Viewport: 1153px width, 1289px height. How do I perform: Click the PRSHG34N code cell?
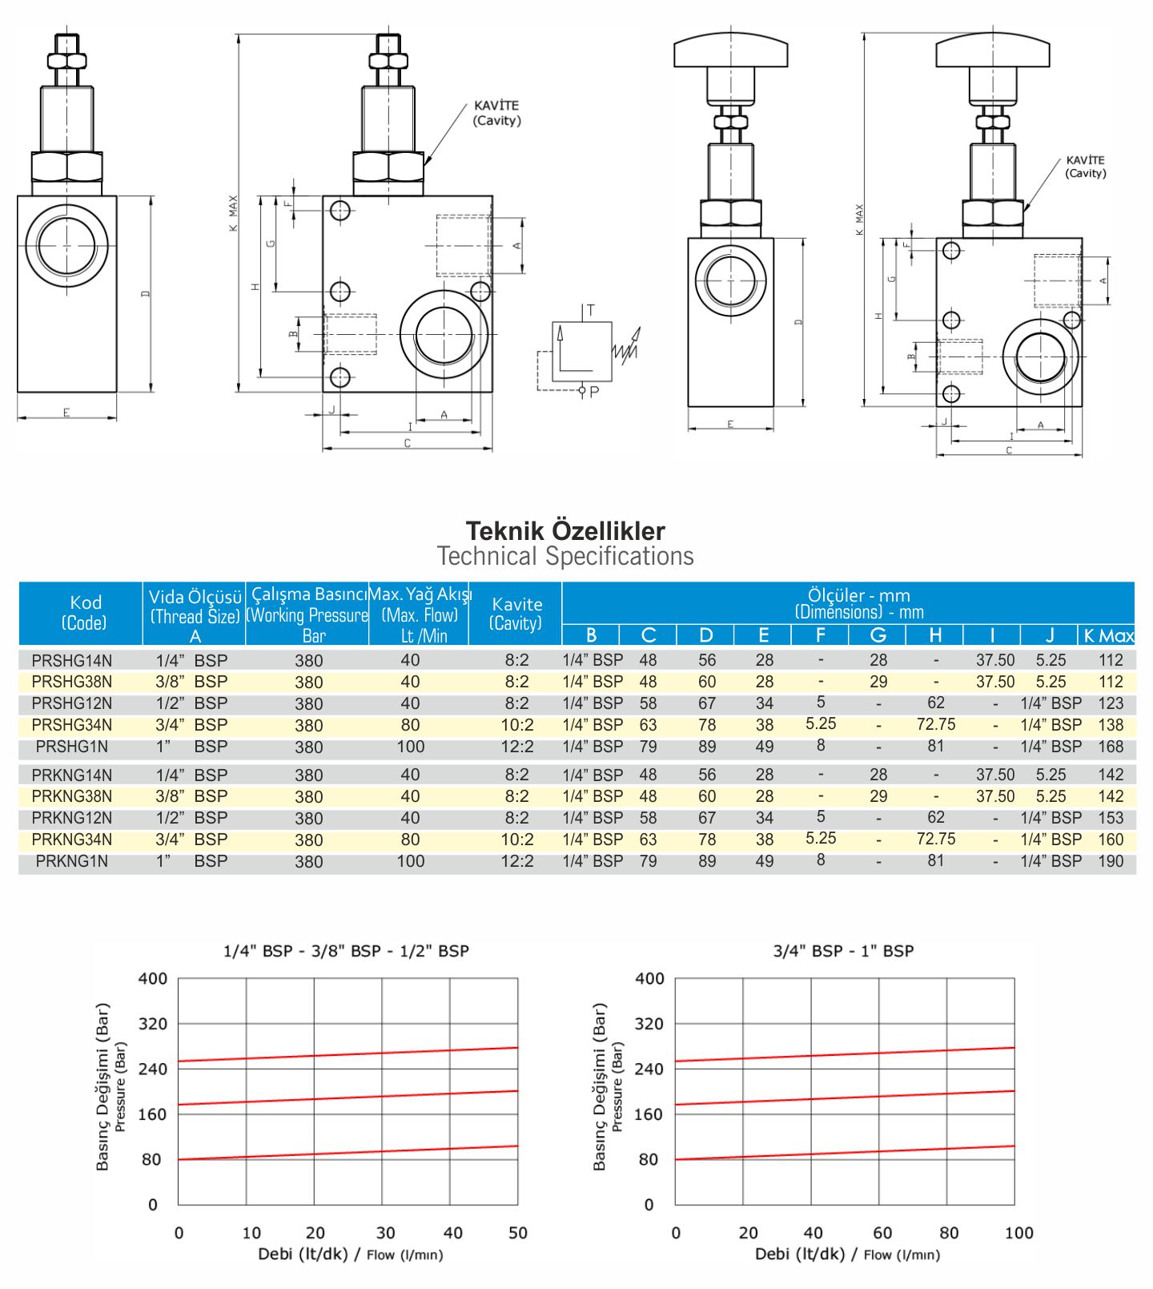tap(72, 725)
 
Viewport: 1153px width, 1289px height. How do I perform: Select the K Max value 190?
tap(1111, 861)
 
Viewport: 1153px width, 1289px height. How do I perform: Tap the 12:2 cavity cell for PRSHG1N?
tap(516, 747)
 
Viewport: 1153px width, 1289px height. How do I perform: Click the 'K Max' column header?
tap(1108, 635)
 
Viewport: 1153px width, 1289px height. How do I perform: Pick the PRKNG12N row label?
tap(72, 818)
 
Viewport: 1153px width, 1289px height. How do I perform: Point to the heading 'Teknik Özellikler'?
tap(565, 531)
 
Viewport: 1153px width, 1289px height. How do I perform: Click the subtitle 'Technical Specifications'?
tap(565, 556)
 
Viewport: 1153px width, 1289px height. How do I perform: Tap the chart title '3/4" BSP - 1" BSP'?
tap(843, 951)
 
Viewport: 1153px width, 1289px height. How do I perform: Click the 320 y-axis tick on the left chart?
tap(153, 1024)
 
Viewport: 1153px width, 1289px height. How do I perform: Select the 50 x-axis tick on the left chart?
tap(518, 1233)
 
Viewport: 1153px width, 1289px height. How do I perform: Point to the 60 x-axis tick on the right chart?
tap(882, 1233)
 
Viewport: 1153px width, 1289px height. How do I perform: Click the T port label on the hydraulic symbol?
tap(591, 311)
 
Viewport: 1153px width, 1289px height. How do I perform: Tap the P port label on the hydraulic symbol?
tap(594, 392)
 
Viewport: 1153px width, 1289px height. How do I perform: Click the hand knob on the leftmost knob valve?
tap(731, 50)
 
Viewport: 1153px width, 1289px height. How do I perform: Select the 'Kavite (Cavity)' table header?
tap(516, 614)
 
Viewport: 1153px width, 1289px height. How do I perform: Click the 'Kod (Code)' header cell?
tap(85, 613)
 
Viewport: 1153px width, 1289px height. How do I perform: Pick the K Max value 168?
tap(1111, 747)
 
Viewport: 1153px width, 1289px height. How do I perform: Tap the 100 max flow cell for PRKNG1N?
tap(411, 861)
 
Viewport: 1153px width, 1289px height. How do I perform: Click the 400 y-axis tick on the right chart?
tap(649, 978)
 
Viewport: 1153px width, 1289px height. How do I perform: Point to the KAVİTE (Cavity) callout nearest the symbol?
tap(496, 113)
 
